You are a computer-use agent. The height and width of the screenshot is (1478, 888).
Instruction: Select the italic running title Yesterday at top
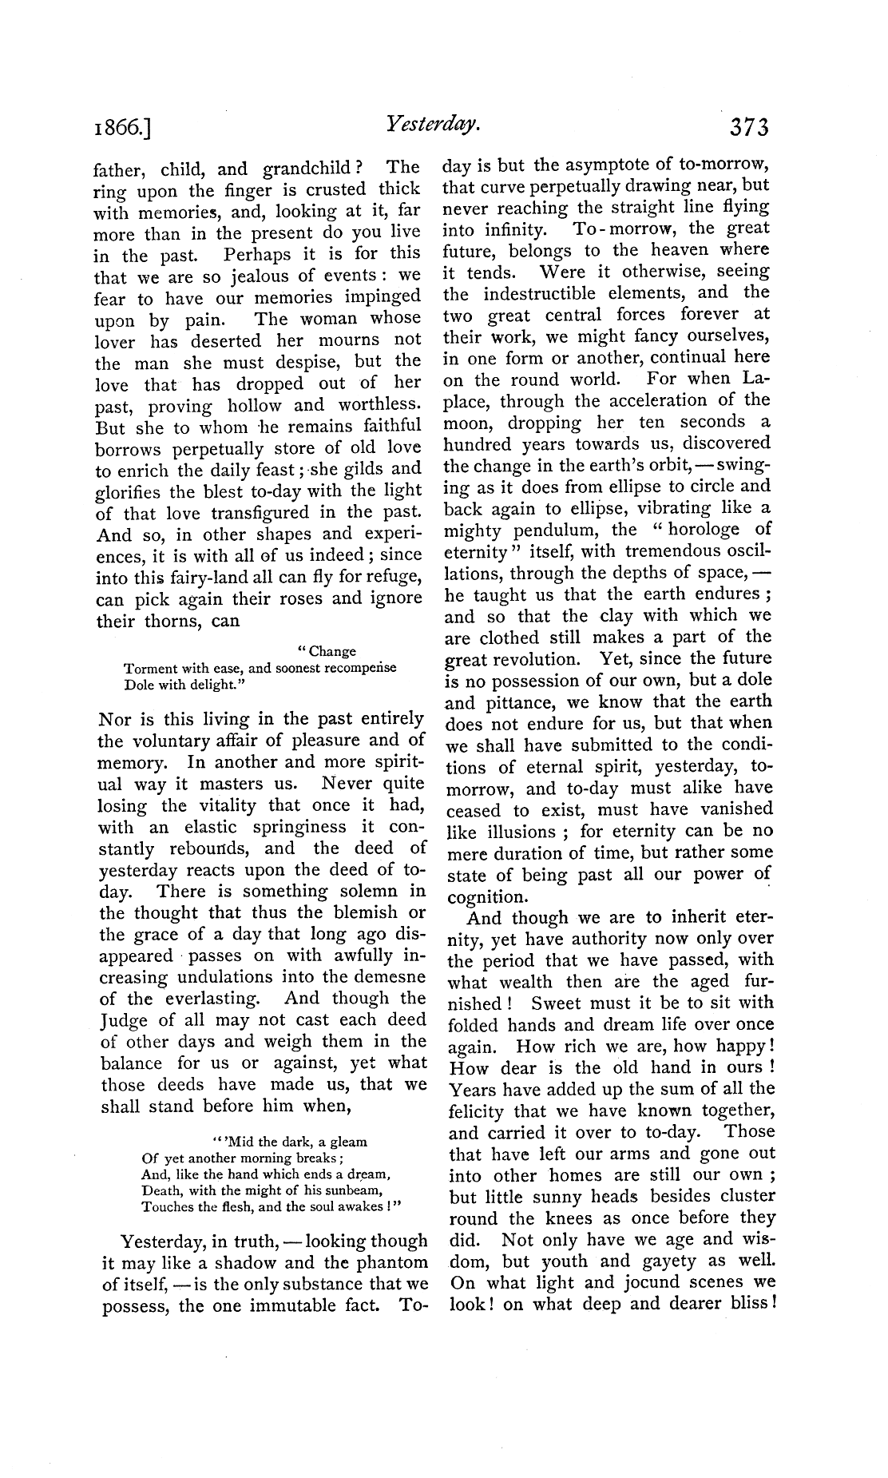pyautogui.click(x=432, y=124)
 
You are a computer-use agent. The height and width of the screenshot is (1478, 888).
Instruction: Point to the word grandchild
pyautogui.click(x=307, y=169)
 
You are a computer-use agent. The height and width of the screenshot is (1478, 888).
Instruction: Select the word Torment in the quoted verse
pyautogui.click(x=151, y=668)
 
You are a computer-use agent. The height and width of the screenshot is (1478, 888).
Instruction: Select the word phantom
pyautogui.click(x=387, y=1262)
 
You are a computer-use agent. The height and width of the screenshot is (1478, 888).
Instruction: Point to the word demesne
pyautogui.click(x=387, y=976)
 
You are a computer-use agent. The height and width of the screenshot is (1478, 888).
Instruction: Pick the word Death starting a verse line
pyautogui.click(x=162, y=1190)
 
